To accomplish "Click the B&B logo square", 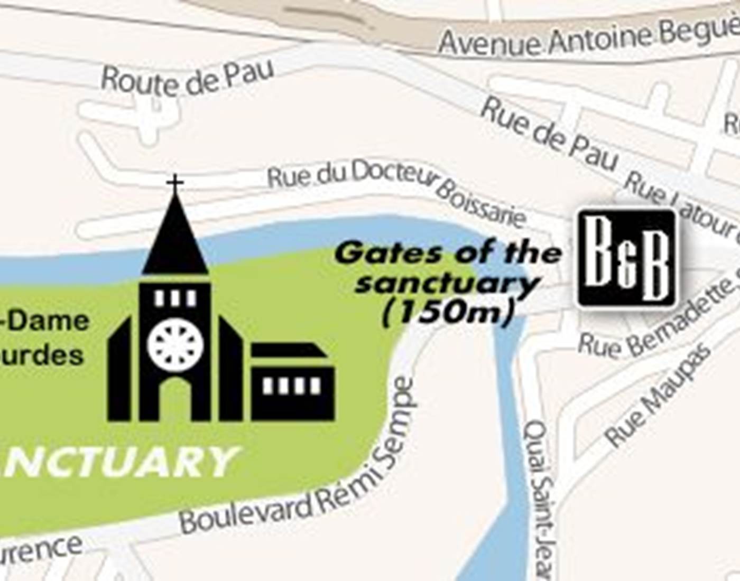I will (x=627, y=258).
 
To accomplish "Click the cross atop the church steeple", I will (x=175, y=184).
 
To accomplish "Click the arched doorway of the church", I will (x=175, y=399).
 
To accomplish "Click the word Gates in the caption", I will (x=388, y=254).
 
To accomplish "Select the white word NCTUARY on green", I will (x=119, y=461).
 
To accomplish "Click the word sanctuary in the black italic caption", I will (x=447, y=283).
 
